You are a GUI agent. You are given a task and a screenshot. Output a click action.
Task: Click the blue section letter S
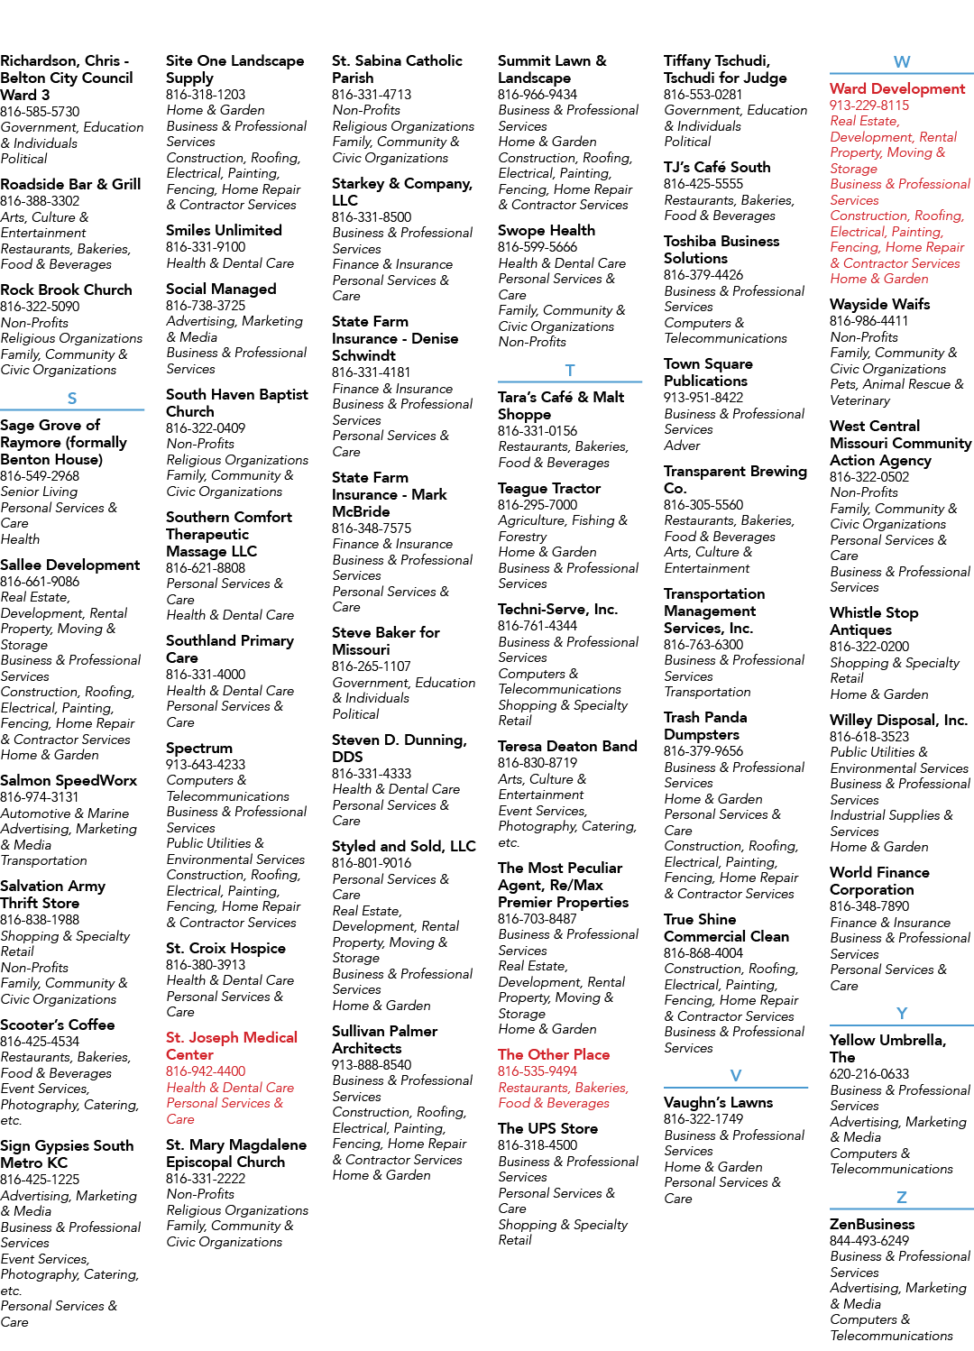pyautogui.click(x=72, y=398)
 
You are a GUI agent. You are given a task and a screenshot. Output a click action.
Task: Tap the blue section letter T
pyautogui.click(x=569, y=371)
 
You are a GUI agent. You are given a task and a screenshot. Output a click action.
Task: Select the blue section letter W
pyautogui.click(x=902, y=61)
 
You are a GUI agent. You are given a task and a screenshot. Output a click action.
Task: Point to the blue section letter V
pyautogui.click(x=735, y=1075)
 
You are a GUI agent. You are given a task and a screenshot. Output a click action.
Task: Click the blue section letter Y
pyautogui.click(x=902, y=1014)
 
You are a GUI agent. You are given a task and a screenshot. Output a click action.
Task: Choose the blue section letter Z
pyautogui.click(x=902, y=1197)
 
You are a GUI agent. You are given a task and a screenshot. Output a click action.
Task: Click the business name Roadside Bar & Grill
pyautogui.click(x=70, y=184)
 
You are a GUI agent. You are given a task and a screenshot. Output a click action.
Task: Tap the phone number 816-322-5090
pyautogui.click(x=40, y=307)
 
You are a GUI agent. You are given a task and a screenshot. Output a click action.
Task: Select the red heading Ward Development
pyautogui.click(x=897, y=88)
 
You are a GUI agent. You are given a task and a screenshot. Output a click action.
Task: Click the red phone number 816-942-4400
pyautogui.click(x=206, y=1071)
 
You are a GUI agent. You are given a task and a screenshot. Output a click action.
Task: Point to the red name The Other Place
pyautogui.click(x=554, y=1054)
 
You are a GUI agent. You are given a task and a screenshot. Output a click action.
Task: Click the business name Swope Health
pyautogui.click(x=547, y=230)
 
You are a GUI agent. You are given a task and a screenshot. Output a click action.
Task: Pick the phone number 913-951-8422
pyautogui.click(x=703, y=398)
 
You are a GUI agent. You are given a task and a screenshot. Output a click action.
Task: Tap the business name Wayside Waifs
pyautogui.click(x=880, y=304)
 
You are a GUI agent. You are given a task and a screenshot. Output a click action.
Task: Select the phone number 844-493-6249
pyautogui.click(x=869, y=1241)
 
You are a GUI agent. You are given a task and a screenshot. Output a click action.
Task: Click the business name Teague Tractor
pyautogui.click(x=549, y=488)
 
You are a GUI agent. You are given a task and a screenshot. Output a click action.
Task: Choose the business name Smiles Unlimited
pyautogui.click(x=224, y=230)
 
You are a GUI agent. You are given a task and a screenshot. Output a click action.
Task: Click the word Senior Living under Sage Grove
pyautogui.click(x=39, y=492)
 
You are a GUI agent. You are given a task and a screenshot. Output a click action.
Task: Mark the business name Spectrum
pyautogui.click(x=199, y=748)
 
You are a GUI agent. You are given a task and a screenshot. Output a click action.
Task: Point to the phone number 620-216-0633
pyautogui.click(x=869, y=1073)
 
